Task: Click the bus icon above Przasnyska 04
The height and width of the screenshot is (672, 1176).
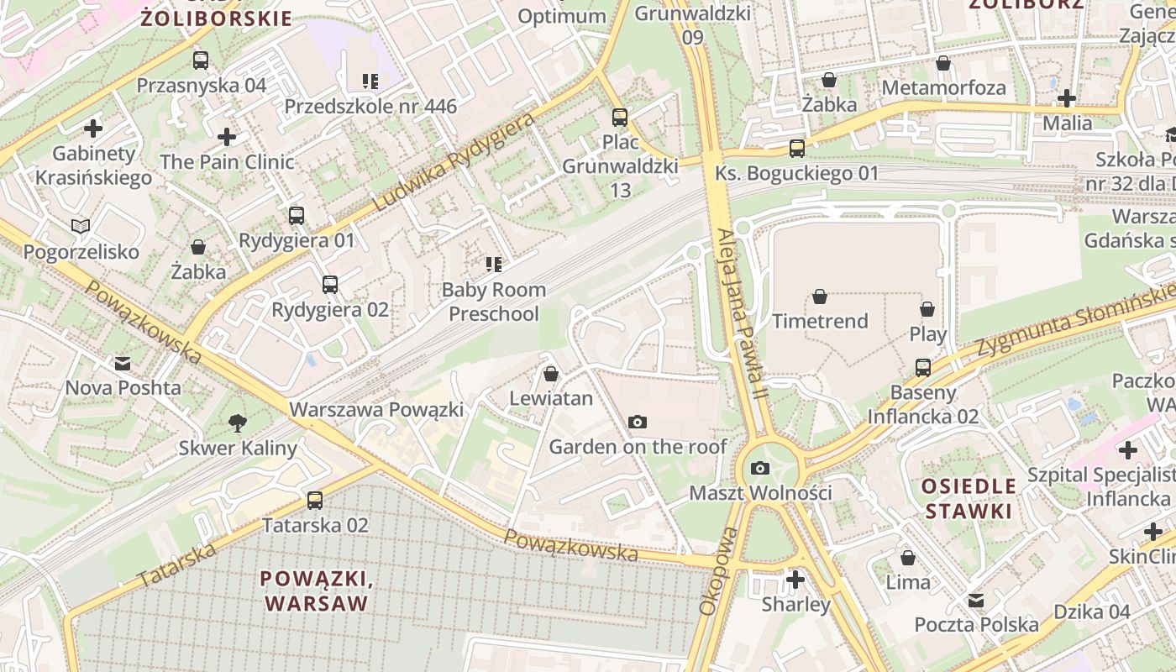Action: pos(200,60)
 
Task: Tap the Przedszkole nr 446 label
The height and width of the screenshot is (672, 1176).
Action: pos(370,106)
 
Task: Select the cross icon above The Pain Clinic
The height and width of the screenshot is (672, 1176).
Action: pos(227,137)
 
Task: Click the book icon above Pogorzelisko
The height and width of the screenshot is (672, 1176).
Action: pos(81,226)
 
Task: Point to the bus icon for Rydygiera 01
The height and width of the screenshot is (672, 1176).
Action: pos(297,216)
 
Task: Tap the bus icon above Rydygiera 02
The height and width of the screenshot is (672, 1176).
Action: pos(330,285)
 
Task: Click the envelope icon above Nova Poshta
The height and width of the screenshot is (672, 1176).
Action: pos(123,364)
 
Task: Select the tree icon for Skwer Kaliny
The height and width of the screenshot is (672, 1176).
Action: pos(238,423)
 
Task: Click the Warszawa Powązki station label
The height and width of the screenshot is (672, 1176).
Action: pos(376,410)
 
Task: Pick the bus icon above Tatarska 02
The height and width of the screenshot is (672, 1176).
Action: pos(315,501)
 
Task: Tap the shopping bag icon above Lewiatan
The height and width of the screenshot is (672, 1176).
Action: pos(551,374)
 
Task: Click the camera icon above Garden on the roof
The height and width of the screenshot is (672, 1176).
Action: pos(638,422)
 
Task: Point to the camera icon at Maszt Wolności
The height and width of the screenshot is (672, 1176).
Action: pos(760,468)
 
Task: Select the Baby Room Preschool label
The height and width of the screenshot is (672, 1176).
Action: pos(494,302)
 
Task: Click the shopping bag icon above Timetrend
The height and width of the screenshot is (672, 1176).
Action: pos(820,297)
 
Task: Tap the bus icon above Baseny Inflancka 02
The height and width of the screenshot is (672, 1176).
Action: pos(923,368)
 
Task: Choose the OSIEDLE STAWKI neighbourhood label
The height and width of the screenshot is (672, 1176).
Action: pos(969,498)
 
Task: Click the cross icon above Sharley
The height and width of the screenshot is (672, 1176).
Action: pos(795,580)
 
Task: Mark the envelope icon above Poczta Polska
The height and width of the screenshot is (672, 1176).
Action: pos(976,601)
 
